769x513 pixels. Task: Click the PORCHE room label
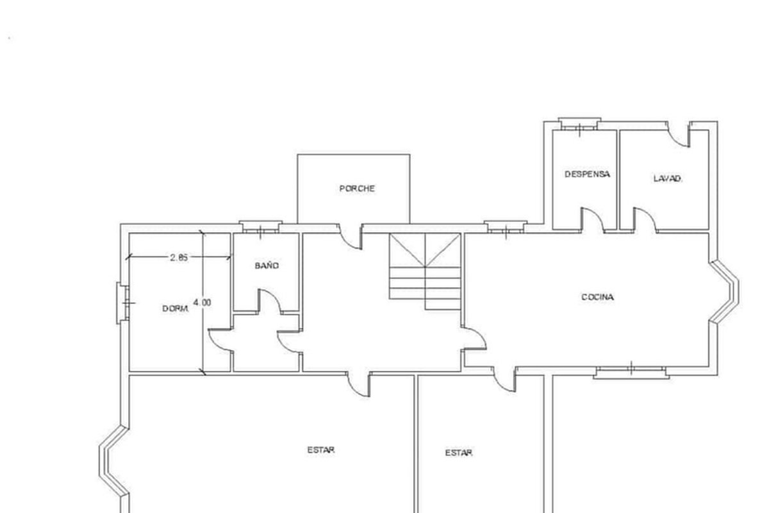point(357,189)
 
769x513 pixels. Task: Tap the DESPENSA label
point(588,174)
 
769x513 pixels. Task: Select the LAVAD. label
point(667,179)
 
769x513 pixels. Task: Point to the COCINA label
point(598,297)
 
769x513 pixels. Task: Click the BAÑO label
point(267,265)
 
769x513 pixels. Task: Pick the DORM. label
point(176,308)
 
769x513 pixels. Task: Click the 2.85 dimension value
point(179,257)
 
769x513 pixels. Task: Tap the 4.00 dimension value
point(202,303)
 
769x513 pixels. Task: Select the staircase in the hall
point(425,271)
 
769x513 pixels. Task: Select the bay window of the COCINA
point(724,291)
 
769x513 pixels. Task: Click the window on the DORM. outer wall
point(122,303)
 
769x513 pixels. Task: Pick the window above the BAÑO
point(261,227)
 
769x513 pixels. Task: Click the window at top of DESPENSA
point(579,124)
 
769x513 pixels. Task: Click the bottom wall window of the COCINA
point(631,372)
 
